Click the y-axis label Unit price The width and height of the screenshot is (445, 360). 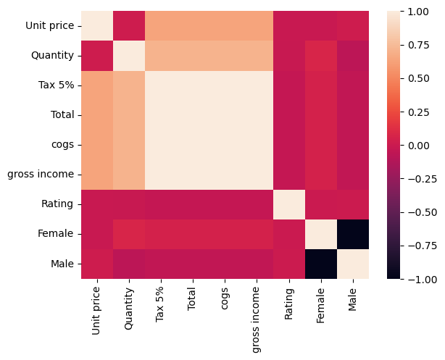pyautogui.click(x=49, y=26)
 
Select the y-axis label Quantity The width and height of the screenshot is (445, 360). pyautogui.click(x=51, y=56)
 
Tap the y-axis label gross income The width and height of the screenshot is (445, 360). pyautogui.click(x=40, y=175)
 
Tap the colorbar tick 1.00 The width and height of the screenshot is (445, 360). pyautogui.click(x=418, y=12)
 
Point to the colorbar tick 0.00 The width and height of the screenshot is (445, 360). pyautogui.click(x=418, y=146)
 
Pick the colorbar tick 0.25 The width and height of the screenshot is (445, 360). pyautogui.click(x=418, y=112)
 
